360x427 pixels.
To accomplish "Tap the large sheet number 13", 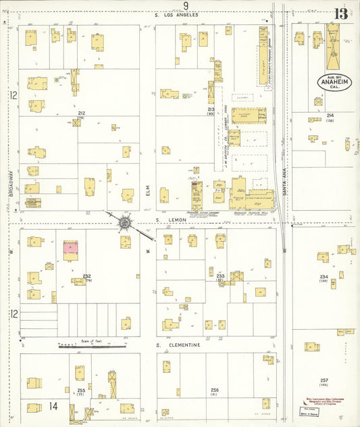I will tap(340, 14).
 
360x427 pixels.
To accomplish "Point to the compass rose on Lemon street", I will tap(125, 222).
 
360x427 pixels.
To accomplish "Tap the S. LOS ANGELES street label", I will tap(176, 15).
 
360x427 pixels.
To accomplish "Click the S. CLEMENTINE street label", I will tap(178, 345).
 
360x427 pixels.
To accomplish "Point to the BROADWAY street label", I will tap(11, 183).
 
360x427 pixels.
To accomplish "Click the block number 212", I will tap(81, 113).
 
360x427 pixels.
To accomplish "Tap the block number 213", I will tap(211, 108).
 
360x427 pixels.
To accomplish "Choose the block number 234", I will tap(324, 276).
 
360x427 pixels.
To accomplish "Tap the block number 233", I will tap(220, 275).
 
